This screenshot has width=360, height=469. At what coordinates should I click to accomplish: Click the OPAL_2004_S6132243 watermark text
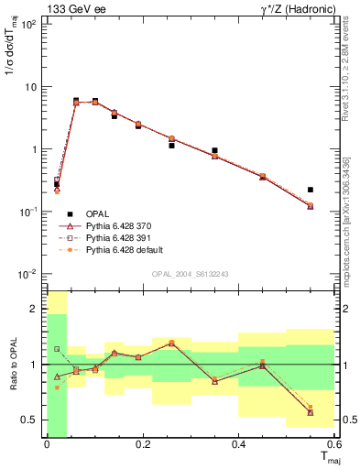[x=191, y=274]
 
